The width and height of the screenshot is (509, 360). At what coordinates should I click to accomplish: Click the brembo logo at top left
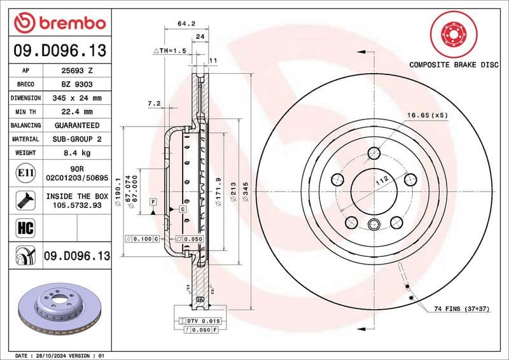click(59, 23)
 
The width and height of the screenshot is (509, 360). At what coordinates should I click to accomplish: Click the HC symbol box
click(23, 227)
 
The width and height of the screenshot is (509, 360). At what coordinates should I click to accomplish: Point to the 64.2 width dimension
click(186, 24)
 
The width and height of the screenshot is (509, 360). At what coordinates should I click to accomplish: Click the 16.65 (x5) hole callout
click(427, 115)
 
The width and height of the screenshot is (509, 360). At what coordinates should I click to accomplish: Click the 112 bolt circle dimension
click(381, 181)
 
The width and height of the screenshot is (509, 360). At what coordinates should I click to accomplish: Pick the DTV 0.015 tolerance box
click(199, 321)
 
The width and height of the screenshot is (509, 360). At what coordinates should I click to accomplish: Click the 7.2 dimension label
click(153, 102)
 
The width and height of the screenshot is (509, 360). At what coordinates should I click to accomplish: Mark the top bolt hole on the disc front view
click(374, 153)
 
